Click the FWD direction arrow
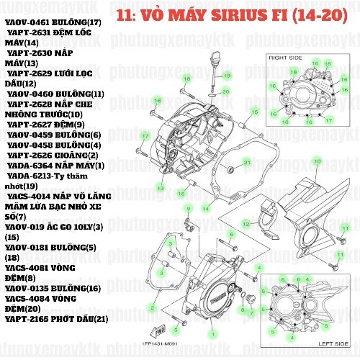coord(152,332)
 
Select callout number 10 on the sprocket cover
coord(316,161)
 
